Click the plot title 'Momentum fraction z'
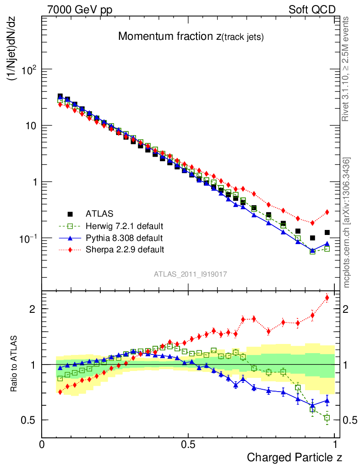pyautogui.click(x=191, y=37)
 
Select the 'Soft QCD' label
pyautogui.click(x=312, y=9)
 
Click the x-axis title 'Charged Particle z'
pyautogui.click(x=295, y=457)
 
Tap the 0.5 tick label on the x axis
pyautogui.click(x=188, y=444)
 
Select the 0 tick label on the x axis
pyautogui.click(x=42, y=444)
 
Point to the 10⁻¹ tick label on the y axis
pyautogui.click(x=27, y=238)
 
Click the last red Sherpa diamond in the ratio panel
pyautogui.click(x=327, y=298)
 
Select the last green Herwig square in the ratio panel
pyautogui.click(x=327, y=418)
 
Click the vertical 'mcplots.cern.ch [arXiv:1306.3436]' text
pyautogui.click(x=347, y=223)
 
